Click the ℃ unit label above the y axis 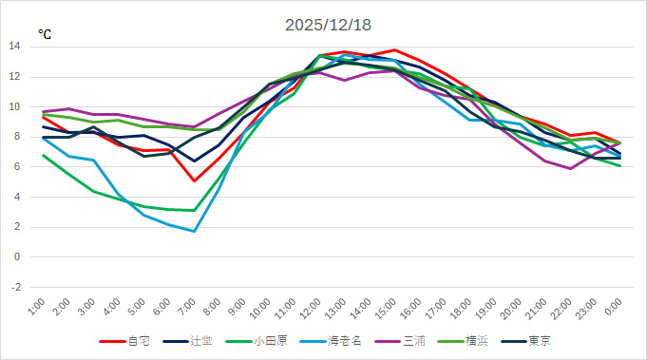pos(45,34)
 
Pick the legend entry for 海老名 pos(338,340)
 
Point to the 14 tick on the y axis pos(14,47)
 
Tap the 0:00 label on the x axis pos(608,308)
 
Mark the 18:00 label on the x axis pos(460,308)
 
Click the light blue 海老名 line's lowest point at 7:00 pos(194,231)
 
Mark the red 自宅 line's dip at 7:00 pos(194,180)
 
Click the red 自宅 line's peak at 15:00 pos(393,50)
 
